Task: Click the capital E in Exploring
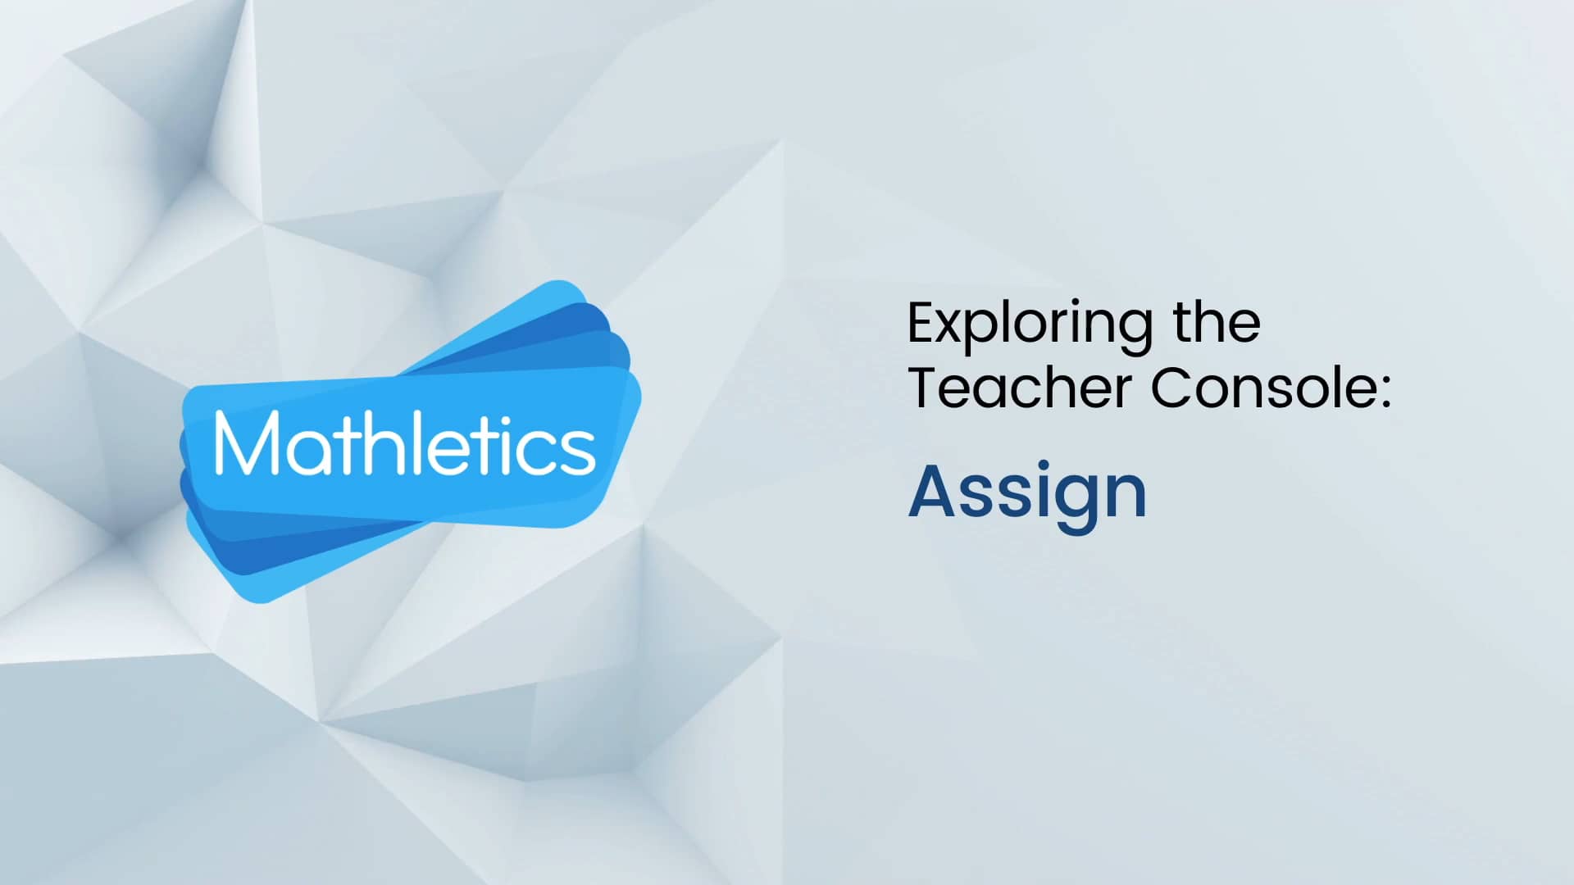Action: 922,323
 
